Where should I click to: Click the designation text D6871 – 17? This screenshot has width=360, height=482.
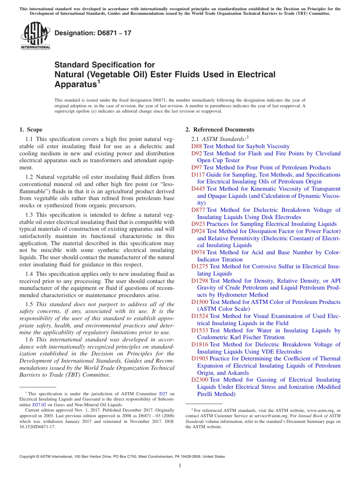pos(93,33)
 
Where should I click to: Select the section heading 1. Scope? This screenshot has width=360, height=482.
pos(31,130)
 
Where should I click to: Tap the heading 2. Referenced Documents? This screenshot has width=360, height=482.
pos(220,130)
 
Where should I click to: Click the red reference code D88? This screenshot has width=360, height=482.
pos(197,146)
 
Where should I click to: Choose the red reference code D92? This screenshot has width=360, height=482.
pos(197,153)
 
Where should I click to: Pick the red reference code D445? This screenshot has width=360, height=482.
pos(198,189)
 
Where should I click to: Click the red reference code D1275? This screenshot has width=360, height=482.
pos(200,266)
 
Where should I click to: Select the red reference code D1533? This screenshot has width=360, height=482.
pos(200,330)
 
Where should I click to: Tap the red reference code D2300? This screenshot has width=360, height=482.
pos(200,380)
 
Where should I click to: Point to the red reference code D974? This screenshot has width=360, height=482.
pos(198,252)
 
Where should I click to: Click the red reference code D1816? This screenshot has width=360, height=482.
pos(200,344)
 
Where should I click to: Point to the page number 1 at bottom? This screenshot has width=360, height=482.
pos(180,466)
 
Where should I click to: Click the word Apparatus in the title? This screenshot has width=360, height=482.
pos(75,84)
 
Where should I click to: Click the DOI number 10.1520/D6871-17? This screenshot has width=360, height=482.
pos(37,427)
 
